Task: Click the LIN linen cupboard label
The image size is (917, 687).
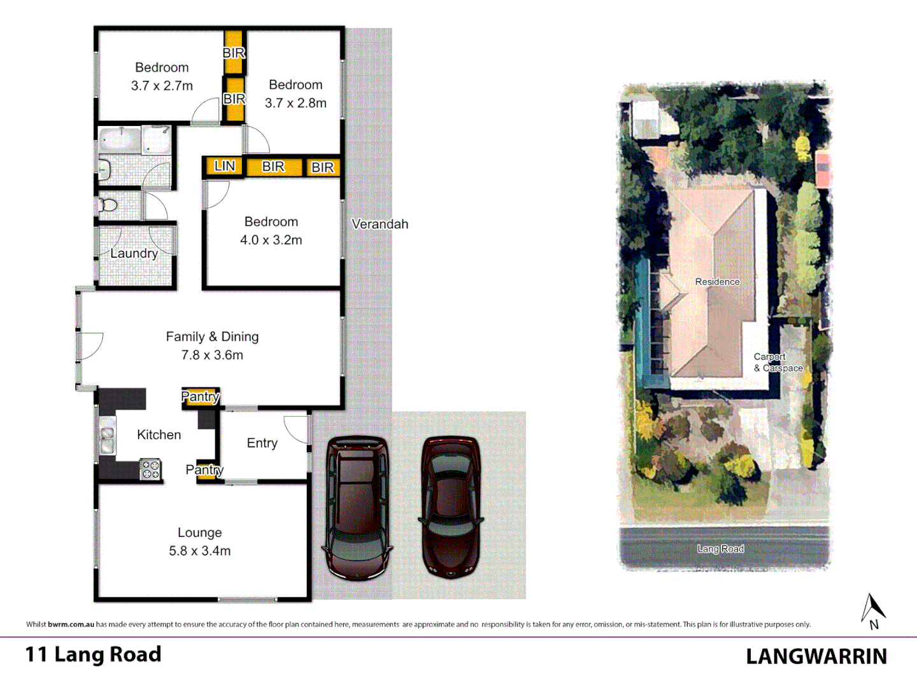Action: [x=224, y=167]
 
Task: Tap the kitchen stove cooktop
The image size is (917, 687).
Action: [x=150, y=469]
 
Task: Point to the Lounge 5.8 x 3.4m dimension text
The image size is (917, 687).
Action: [x=199, y=551]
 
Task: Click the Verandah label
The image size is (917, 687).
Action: [x=380, y=224]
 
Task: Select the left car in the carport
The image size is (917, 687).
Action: [x=357, y=507]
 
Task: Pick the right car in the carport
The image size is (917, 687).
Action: [x=451, y=507]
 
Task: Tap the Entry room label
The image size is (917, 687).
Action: [x=262, y=443]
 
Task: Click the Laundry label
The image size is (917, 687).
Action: [x=134, y=253]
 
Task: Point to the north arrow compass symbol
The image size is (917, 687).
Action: [x=873, y=611]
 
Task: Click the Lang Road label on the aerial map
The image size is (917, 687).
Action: [x=720, y=548]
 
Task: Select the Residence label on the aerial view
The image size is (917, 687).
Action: [x=717, y=282]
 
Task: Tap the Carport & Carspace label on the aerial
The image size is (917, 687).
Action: [x=778, y=363]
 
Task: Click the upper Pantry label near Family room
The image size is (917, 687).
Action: [x=200, y=397]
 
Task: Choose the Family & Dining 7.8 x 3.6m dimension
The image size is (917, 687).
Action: [x=212, y=355]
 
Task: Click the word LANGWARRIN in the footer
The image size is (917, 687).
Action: [x=816, y=656]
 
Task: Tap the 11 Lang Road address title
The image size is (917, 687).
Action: [x=93, y=655]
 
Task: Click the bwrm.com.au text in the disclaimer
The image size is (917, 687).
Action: [x=71, y=625]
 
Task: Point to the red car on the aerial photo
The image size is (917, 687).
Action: [x=823, y=170]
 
